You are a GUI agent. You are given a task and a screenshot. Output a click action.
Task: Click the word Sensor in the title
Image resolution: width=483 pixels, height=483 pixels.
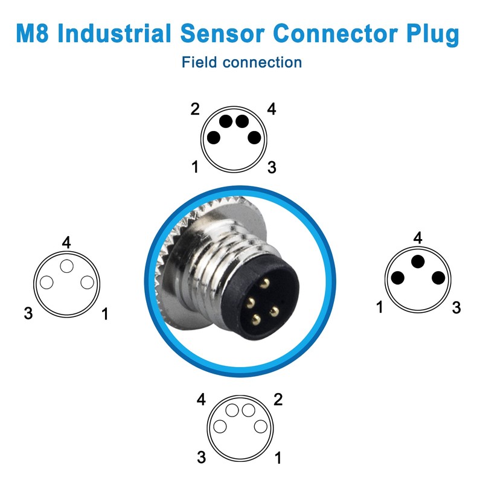pos(222,33)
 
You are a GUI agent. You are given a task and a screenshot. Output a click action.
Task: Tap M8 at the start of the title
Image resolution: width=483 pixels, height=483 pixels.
pos(33,33)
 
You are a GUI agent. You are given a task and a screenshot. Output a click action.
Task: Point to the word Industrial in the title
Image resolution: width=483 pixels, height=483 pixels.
pos(114,33)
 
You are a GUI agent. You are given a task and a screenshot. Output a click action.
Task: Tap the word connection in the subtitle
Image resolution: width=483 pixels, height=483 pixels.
pos(262,63)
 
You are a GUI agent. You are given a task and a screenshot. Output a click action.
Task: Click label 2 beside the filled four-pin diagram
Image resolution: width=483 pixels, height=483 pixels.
pos(195,109)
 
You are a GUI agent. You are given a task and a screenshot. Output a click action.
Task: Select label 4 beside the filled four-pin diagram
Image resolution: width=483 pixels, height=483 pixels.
pos(271,109)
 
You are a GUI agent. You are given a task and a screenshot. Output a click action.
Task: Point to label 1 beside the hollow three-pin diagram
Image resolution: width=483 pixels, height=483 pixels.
pos(105,314)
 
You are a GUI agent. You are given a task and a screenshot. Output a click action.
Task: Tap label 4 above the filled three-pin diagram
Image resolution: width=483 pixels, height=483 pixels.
pos(418,238)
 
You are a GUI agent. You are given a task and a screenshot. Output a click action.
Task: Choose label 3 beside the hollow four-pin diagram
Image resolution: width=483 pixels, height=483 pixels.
pos(202,457)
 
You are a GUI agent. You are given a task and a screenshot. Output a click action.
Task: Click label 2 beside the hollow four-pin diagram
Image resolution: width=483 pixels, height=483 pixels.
pos(278,400)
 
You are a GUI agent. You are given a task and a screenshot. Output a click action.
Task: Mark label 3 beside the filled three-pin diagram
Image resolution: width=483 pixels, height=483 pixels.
pos(456,308)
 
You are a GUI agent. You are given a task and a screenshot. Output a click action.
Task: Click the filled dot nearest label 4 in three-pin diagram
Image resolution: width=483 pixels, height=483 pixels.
pos(418,261)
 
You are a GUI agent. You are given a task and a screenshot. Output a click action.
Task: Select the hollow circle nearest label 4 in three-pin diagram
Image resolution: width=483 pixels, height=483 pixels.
pos(67,266)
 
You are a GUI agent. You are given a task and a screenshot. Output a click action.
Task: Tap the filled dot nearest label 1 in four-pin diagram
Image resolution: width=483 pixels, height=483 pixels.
pos(214,138)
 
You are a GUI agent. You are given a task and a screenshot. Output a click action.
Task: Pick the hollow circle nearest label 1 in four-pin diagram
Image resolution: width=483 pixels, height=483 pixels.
pos(261,427)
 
